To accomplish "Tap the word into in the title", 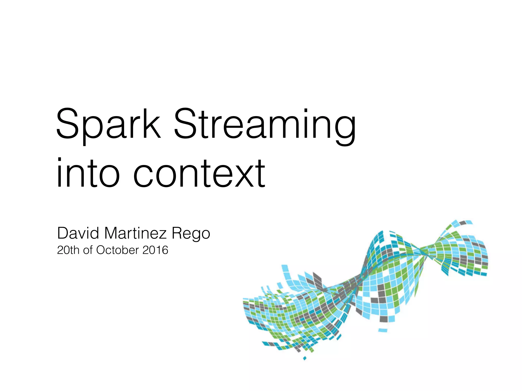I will [x=88, y=173].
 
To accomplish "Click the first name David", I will [x=78, y=233].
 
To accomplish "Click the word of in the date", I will [x=88, y=250].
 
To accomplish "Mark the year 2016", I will [x=155, y=250].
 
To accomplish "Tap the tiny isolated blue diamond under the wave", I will [x=304, y=358].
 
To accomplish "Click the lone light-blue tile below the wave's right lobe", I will [x=383, y=330].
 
